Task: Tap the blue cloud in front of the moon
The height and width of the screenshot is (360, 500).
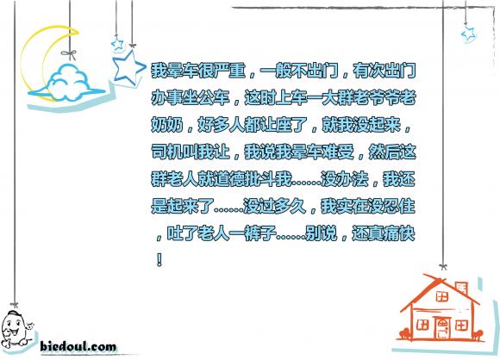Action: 67,84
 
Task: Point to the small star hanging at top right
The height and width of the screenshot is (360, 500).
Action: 468,34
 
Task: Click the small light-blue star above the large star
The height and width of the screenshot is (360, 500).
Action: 117,43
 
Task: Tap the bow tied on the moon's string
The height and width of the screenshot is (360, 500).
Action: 70,54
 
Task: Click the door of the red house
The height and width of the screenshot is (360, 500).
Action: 442,329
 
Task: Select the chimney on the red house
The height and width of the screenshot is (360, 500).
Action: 462,288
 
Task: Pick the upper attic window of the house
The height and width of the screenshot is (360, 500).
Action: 442,296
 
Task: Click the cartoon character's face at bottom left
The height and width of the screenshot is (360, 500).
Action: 15,328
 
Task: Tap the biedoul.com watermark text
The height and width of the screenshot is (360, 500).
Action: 78,346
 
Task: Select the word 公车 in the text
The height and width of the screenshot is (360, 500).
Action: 214,97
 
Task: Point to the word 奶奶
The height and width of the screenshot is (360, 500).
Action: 167,125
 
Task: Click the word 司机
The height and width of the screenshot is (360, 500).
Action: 167,152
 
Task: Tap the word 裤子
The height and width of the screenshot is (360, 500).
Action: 261,233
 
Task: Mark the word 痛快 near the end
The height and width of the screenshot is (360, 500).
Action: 399,233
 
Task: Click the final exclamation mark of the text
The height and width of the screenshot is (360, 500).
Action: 159,259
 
